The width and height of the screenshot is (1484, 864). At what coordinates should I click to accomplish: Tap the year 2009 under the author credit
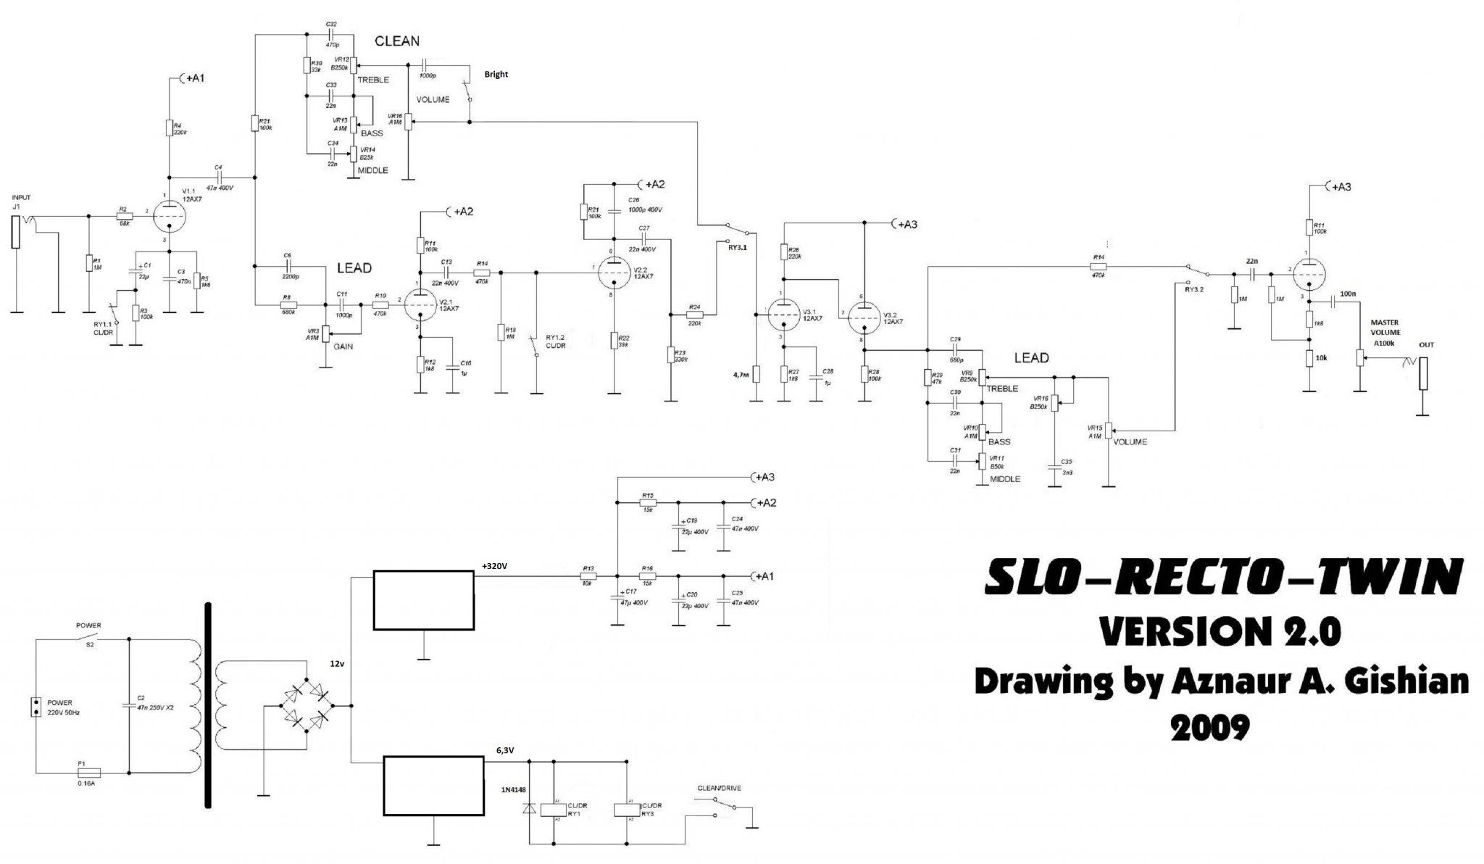1211,727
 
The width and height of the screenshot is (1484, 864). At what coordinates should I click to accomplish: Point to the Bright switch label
496,74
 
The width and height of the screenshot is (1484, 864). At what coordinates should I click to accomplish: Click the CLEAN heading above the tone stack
396,41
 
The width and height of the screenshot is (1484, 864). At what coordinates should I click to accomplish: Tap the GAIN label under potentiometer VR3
343,346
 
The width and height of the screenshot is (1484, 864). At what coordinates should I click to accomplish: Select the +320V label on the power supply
496,567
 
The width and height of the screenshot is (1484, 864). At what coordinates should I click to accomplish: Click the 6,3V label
505,751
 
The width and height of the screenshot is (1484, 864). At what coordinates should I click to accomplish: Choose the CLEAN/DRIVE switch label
719,788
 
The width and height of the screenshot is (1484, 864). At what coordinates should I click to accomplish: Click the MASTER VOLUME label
1385,328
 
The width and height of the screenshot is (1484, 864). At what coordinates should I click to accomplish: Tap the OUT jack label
1426,345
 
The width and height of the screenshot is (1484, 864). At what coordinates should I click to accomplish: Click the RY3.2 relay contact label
1194,290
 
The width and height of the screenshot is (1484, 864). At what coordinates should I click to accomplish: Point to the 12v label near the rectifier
337,664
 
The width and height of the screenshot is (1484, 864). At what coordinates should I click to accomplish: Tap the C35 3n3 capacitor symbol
1054,468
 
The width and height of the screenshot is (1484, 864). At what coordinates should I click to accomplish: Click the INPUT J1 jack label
21,202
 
